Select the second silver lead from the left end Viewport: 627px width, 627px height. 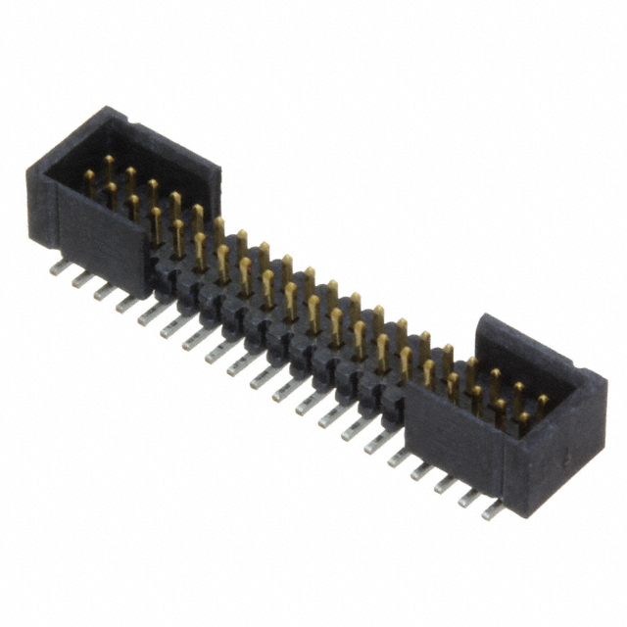(x=81, y=279)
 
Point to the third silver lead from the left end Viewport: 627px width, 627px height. (x=104, y=291)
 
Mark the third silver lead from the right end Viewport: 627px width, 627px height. (x=447, y=484)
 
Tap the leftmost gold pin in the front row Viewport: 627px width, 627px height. (x=89, y=180)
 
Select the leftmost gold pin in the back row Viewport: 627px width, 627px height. (x=109, y=163)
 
